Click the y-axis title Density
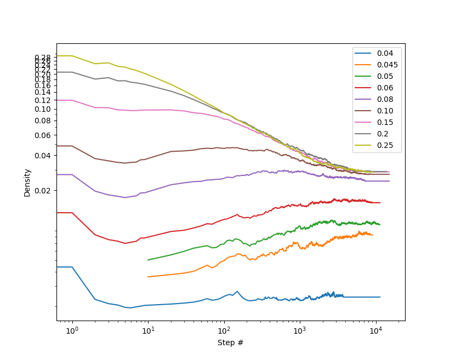(27, 182)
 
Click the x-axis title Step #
(231, 342)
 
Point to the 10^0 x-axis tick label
(72, 331)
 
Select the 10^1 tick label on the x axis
(148, 331)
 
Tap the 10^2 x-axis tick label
(224, 331)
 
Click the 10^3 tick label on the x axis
(299, 331)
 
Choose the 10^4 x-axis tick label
(375, 331)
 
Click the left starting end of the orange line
(148, 277)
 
